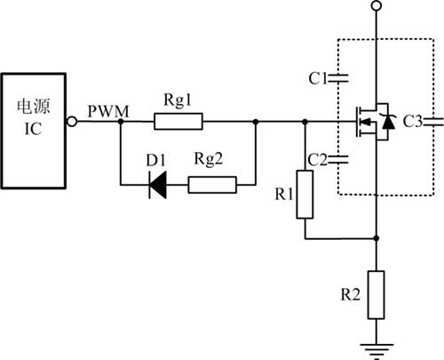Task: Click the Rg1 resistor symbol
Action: pos(178,121)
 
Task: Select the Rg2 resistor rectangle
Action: pos(212,185)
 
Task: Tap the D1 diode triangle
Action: pos(157,185)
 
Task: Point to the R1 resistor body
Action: pos(305,195)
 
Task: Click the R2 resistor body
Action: pos(377,295)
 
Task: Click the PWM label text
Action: pos(108,112)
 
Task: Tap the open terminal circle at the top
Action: pos(377,5)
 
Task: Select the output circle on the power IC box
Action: pos(72,122)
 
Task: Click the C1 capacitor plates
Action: pos(338,78)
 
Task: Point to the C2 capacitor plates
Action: pos(338,160)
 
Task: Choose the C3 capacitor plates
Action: pos(434,122)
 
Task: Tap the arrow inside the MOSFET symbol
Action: pos(367,122)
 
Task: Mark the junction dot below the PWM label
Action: pos(121,122)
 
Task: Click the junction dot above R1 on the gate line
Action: pos(305,122)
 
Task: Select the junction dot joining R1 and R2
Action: pos(377,238)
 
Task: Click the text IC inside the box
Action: pos(33,129)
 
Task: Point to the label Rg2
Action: pos(209,159)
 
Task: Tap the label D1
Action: pos(155,160)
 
